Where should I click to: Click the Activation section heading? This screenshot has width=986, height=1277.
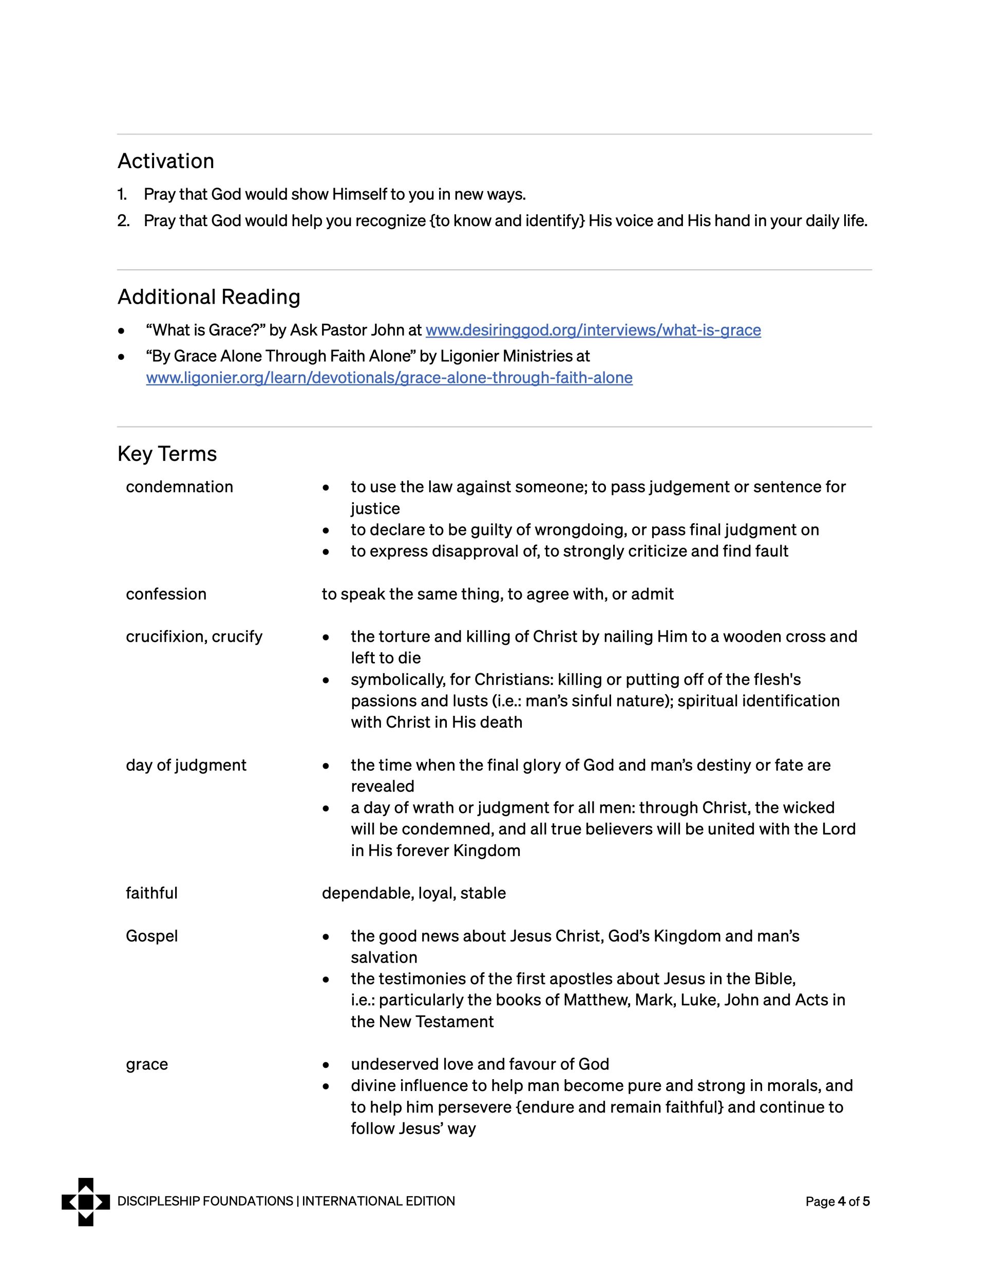coord(165,161)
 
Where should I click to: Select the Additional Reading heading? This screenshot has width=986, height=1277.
coord(208,297)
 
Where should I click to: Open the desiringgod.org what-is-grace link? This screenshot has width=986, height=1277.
coord(593,330)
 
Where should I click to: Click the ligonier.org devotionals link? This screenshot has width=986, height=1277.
coord(389,377)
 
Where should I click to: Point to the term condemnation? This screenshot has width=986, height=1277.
coord(179,487)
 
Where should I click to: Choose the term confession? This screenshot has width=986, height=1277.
coord(166,594)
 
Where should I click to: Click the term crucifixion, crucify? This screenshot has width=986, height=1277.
coord(194,636)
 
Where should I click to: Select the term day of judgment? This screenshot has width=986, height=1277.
coord(186,765)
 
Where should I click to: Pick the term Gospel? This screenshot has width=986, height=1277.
coord(151,936)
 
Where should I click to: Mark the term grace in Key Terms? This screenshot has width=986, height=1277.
coord(147,1064)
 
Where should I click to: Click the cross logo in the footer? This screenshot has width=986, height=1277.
coord(85,1201)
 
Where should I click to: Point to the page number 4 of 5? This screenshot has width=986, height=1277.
coord(837,1201)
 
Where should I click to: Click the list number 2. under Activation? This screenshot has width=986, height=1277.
coord(123,220)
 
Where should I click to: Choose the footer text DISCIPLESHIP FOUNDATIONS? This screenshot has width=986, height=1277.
coord(205,1201)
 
